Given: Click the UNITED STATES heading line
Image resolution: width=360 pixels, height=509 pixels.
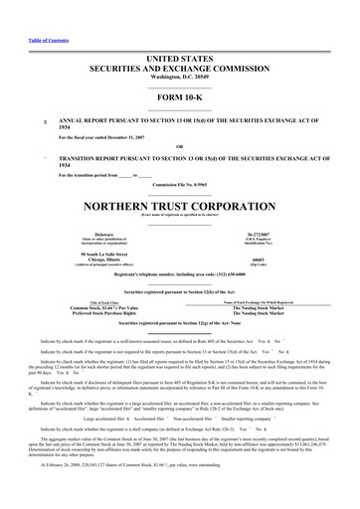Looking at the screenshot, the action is tap(180, 33).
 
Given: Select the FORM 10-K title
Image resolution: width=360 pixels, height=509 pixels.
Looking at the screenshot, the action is tap(180, 73).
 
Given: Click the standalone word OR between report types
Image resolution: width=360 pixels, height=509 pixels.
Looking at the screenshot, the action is tap(180, 122).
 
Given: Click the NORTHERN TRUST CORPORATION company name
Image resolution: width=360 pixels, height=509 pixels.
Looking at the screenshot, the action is tap(180, 183).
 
